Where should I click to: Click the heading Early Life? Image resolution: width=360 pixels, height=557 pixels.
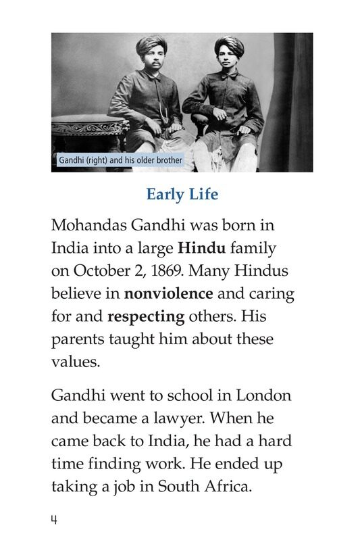[x=182, y=195]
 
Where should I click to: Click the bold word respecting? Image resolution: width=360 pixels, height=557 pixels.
[x=145, y=316]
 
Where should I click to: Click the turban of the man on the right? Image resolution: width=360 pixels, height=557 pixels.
[x=229, y=46]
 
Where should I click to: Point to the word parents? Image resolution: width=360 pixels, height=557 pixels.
[x=77, y=339]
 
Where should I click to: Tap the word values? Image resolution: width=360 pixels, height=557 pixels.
[x=76, y=362]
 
